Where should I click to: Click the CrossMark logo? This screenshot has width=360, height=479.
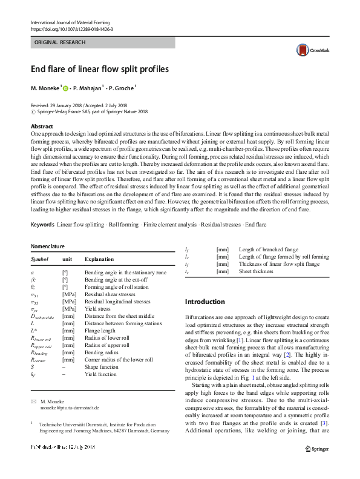[x=308, y=51]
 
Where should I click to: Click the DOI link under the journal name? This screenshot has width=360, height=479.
[x=71, y=28]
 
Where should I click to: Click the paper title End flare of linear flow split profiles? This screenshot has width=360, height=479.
[x=100, y=70]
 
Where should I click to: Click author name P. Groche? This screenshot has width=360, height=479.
[x=123, y=88]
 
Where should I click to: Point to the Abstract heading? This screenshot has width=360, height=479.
[x=42, y=126]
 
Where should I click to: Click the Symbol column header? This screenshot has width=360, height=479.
[x=39, y=259]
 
